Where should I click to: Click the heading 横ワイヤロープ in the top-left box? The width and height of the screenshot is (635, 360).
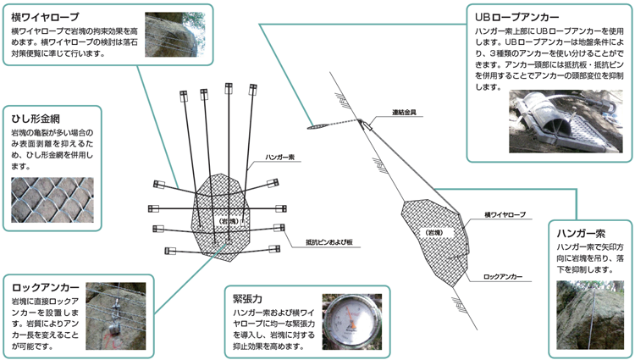pos(45,18)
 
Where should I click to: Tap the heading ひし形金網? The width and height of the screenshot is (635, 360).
pos(36,119)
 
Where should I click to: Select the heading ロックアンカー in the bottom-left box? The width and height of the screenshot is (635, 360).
pos(46,288)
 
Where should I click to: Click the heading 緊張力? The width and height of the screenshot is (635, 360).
pos(247,299)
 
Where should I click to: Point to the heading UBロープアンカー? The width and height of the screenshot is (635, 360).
pos(517,18)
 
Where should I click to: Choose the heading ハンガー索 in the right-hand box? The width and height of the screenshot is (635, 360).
pos(581,233)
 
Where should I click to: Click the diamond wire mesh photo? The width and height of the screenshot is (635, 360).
pos(52,200)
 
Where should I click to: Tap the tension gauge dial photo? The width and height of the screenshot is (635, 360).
pos(352,322)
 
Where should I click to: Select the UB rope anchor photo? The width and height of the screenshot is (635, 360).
pos(566,121)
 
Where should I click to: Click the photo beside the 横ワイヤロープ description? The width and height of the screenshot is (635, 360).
pos(175,35)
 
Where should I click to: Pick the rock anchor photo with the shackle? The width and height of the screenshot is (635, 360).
pos(116,316)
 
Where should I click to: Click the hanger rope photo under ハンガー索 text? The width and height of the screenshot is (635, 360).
pos(590,315)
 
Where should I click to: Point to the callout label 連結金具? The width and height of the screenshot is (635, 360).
pos(404,112)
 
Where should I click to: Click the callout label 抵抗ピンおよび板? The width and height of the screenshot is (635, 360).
pos(329,242)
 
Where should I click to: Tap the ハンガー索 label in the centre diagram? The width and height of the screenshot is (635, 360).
pos(280,157)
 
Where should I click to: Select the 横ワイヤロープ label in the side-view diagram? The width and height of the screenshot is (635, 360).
pos(505,214)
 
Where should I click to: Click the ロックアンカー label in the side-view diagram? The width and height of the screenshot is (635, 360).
pos(503,277)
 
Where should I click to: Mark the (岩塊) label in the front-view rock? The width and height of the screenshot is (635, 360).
pos(229,222)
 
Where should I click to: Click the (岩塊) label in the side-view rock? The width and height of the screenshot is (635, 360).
pos(434,232)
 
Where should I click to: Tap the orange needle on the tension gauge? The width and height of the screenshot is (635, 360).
pos(353,320)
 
